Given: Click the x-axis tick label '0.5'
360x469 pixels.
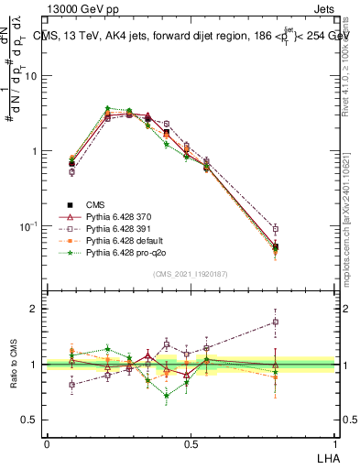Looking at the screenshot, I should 191,443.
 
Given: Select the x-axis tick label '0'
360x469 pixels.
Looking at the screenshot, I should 47,443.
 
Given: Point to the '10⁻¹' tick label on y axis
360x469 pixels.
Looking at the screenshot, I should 28,226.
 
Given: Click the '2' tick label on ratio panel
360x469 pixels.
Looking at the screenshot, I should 35,309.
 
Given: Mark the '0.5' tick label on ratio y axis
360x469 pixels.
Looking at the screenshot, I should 29,420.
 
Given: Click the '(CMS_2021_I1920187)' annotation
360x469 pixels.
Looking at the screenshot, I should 191,274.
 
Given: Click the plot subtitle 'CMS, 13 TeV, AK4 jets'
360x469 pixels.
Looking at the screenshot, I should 101,35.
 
